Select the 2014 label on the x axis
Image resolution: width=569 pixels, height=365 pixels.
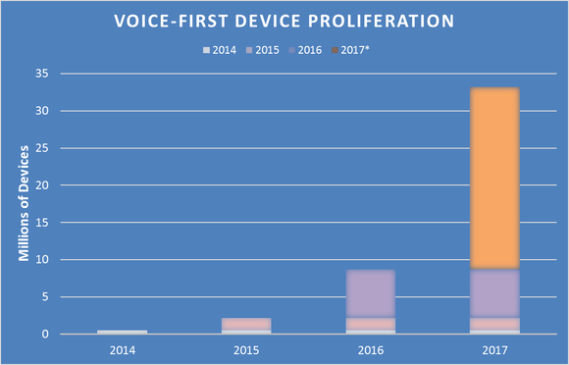tap(121, 348)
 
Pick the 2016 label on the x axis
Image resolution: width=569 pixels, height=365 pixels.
tap(369, 348)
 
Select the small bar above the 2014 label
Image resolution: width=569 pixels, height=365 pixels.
tap(121, 332)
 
